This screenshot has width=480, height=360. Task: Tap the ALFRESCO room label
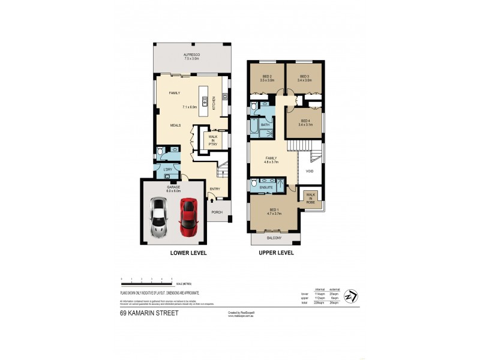coord(191,55)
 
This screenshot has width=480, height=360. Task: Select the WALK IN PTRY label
coord(212,139)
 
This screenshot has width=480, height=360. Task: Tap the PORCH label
coord(217,212)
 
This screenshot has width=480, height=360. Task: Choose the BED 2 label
coord(268,76)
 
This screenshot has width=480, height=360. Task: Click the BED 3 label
coord(304,76)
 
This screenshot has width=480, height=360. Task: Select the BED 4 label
coord(304,121)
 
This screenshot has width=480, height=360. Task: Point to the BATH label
coord(265,125)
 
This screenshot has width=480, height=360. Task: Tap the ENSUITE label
coord(266,187)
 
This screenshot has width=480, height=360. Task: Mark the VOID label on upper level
coord(310,171)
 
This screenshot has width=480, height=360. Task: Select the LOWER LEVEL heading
coord(188,253)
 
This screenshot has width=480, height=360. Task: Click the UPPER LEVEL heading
coord(275,253)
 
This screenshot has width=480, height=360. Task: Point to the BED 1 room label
coord(273,210)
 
